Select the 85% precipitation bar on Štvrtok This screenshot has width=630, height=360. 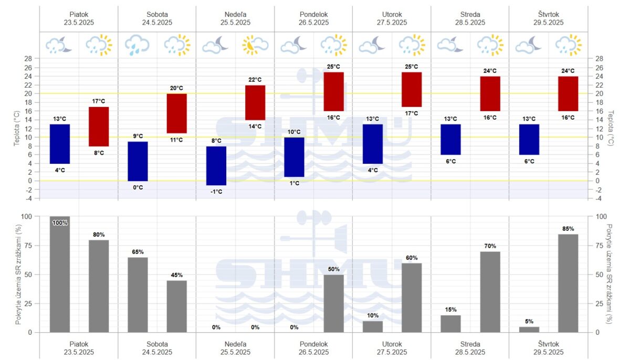[x=568, y=283]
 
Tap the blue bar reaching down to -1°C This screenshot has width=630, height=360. [x=216, y=165]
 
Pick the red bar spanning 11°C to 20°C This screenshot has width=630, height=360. [x=177, y=113]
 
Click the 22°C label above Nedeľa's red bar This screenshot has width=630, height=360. [x=255, y=80]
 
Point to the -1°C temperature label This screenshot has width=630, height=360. [x=216, y=192]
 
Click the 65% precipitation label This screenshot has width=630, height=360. [x=138, y=252]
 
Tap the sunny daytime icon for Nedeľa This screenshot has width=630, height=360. [x=255, y=45]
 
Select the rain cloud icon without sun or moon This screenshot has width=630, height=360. [x=138, y=45]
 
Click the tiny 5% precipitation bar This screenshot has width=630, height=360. [x=529, y=330]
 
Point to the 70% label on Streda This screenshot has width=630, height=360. [x=490, y=246]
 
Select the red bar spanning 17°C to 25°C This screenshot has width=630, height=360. [x=412, y=89]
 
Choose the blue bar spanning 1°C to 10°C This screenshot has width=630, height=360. [x=294, y=157]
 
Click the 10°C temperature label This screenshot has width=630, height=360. [x=294, y=132]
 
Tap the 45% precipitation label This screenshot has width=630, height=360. [x=177, y=276]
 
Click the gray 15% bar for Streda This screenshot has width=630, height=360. [x=450, y=323]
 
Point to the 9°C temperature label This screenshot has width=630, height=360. [x=138, y=136]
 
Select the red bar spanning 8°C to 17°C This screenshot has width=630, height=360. [x=99, y=126]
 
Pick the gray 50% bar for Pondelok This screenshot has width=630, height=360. [x=333, y=303]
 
